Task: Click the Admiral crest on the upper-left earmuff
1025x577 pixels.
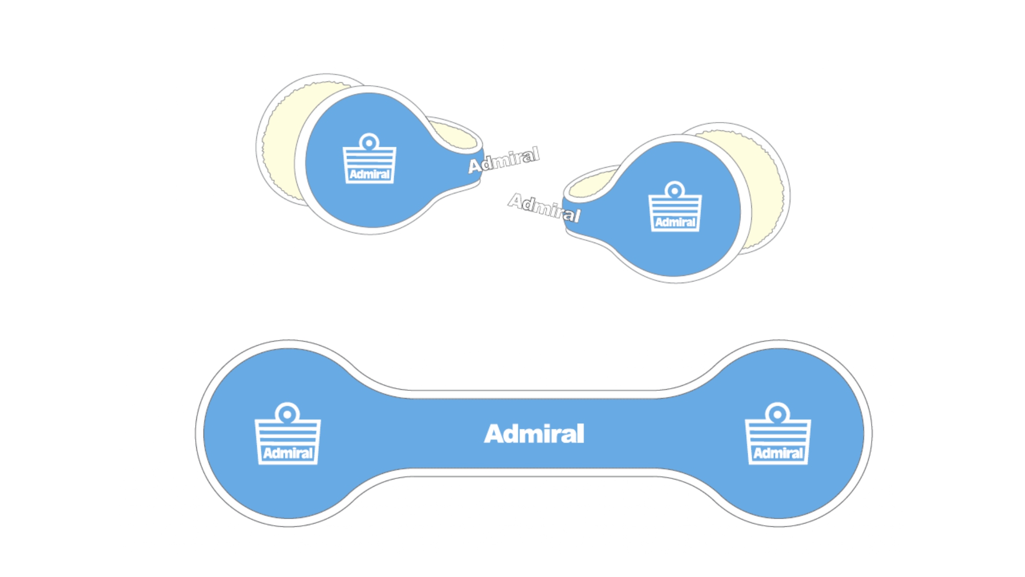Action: pyautogui.click(x=369, y=160)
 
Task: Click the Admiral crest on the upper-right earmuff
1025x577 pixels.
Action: pyautogui.click(x=675, y=208)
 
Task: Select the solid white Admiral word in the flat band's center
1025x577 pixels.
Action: pyautogui.click(x=534, y=434)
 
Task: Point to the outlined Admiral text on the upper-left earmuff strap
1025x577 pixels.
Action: pyautogui.click(x=504, y=160)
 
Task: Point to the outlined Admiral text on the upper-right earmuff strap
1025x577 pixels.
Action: pyautogui.click(x=544, y=208)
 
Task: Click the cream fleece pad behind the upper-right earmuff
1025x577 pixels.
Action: pyautogui.click(x=764, y=190)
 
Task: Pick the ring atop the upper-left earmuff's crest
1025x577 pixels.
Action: pyautogui.click(x=369, y=142)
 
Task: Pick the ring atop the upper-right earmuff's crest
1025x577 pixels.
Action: pyautogui.click(x=675, y=190)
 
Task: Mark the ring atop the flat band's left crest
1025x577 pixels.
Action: pyautogui.click(x=288, y=413)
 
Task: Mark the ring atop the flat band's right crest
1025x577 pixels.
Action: pyautogui.click(x=777, y=413)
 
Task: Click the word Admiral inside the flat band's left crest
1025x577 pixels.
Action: pyautogui.click(x=288, y=453)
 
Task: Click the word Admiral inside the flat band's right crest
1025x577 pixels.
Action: pyautogui.click(x=777, y=453)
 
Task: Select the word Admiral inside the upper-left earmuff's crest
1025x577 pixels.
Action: pyautogui.click(x=369, y=175)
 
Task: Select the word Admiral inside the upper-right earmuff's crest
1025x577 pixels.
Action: pyautogui.click(x=675, y=223)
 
